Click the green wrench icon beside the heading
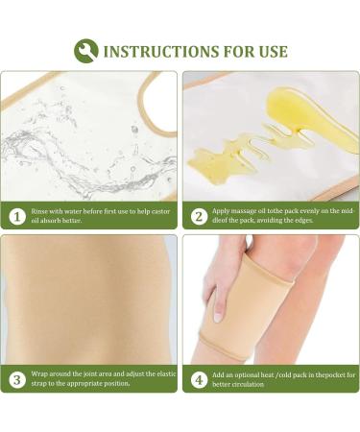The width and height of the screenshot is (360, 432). click(x=85, y=50)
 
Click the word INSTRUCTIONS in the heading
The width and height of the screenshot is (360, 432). click(x=159, y=51)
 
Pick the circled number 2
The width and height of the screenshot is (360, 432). click(x=200, y=217)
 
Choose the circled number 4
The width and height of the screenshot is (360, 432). click(x=200, y=378)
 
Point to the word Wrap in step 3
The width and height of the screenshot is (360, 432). click(x=41, y=373)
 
